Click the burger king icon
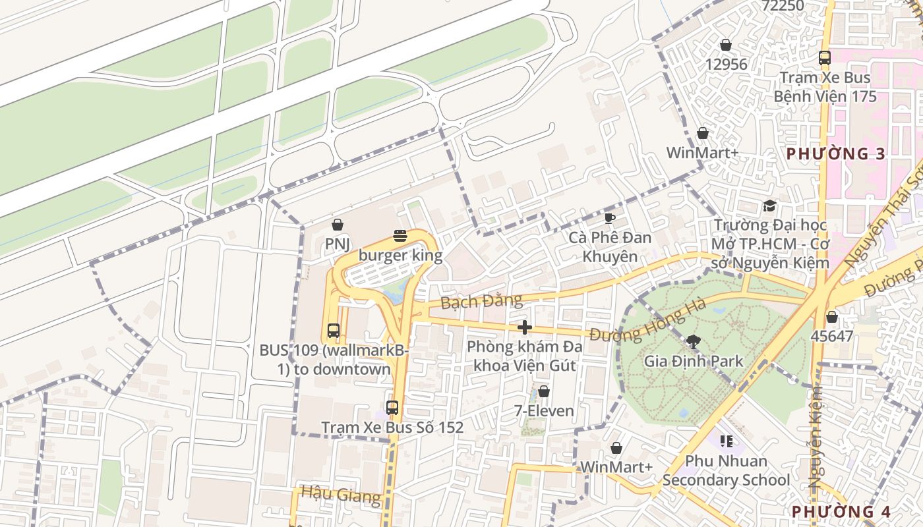coord(400,235)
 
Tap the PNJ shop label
coord(337,244)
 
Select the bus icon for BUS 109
coord(334,331)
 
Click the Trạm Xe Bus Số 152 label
coord(392,428)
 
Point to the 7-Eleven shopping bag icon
coord(544,392)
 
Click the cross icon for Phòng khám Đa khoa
coord(525,327)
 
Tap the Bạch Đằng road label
coord(481,302)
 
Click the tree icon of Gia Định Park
coord(693,341)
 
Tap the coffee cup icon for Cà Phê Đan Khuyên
coord(610,218)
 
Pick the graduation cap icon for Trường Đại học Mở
coord(769,206)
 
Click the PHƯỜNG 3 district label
coord(836,154)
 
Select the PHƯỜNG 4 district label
coord(841,511)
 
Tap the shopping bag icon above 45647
coord(832,317)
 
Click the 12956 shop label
coord(726,65)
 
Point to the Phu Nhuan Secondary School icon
coord(727,441)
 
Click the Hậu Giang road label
coord(341,494)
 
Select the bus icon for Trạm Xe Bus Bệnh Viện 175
coord(824,58)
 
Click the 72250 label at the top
coord(783,6)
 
